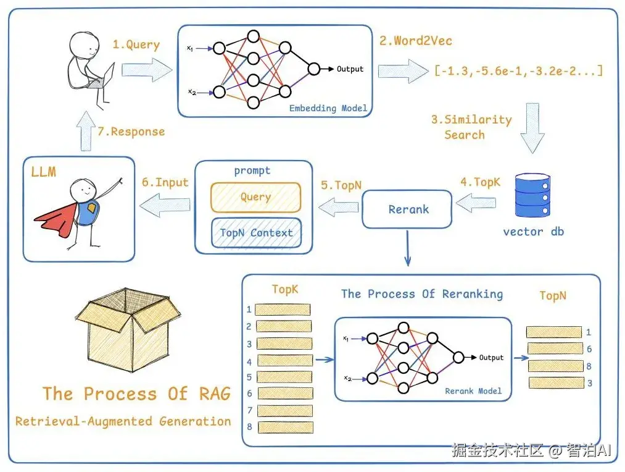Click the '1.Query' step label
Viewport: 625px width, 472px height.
(x=136, y=44)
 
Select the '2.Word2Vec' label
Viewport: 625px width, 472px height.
(x=415, y=41)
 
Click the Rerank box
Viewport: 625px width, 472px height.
(x=408, y=209)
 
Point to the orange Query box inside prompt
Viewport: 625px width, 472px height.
(x=255, y=197)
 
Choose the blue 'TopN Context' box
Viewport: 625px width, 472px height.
(x=256, y=233)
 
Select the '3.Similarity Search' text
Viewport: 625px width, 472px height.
(x=471, y=127)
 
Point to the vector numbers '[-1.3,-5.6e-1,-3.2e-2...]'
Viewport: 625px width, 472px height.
(x=518, y=70)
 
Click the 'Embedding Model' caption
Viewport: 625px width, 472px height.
(x=328, y=108)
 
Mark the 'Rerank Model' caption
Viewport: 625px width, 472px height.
(x=473, y=391)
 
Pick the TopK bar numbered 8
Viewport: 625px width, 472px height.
(x=284, y=427)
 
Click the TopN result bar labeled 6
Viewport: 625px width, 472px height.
(x=554, y=349)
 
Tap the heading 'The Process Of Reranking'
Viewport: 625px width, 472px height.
(x=422, y=294)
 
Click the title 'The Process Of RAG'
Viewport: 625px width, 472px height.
(x=136, y=394)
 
